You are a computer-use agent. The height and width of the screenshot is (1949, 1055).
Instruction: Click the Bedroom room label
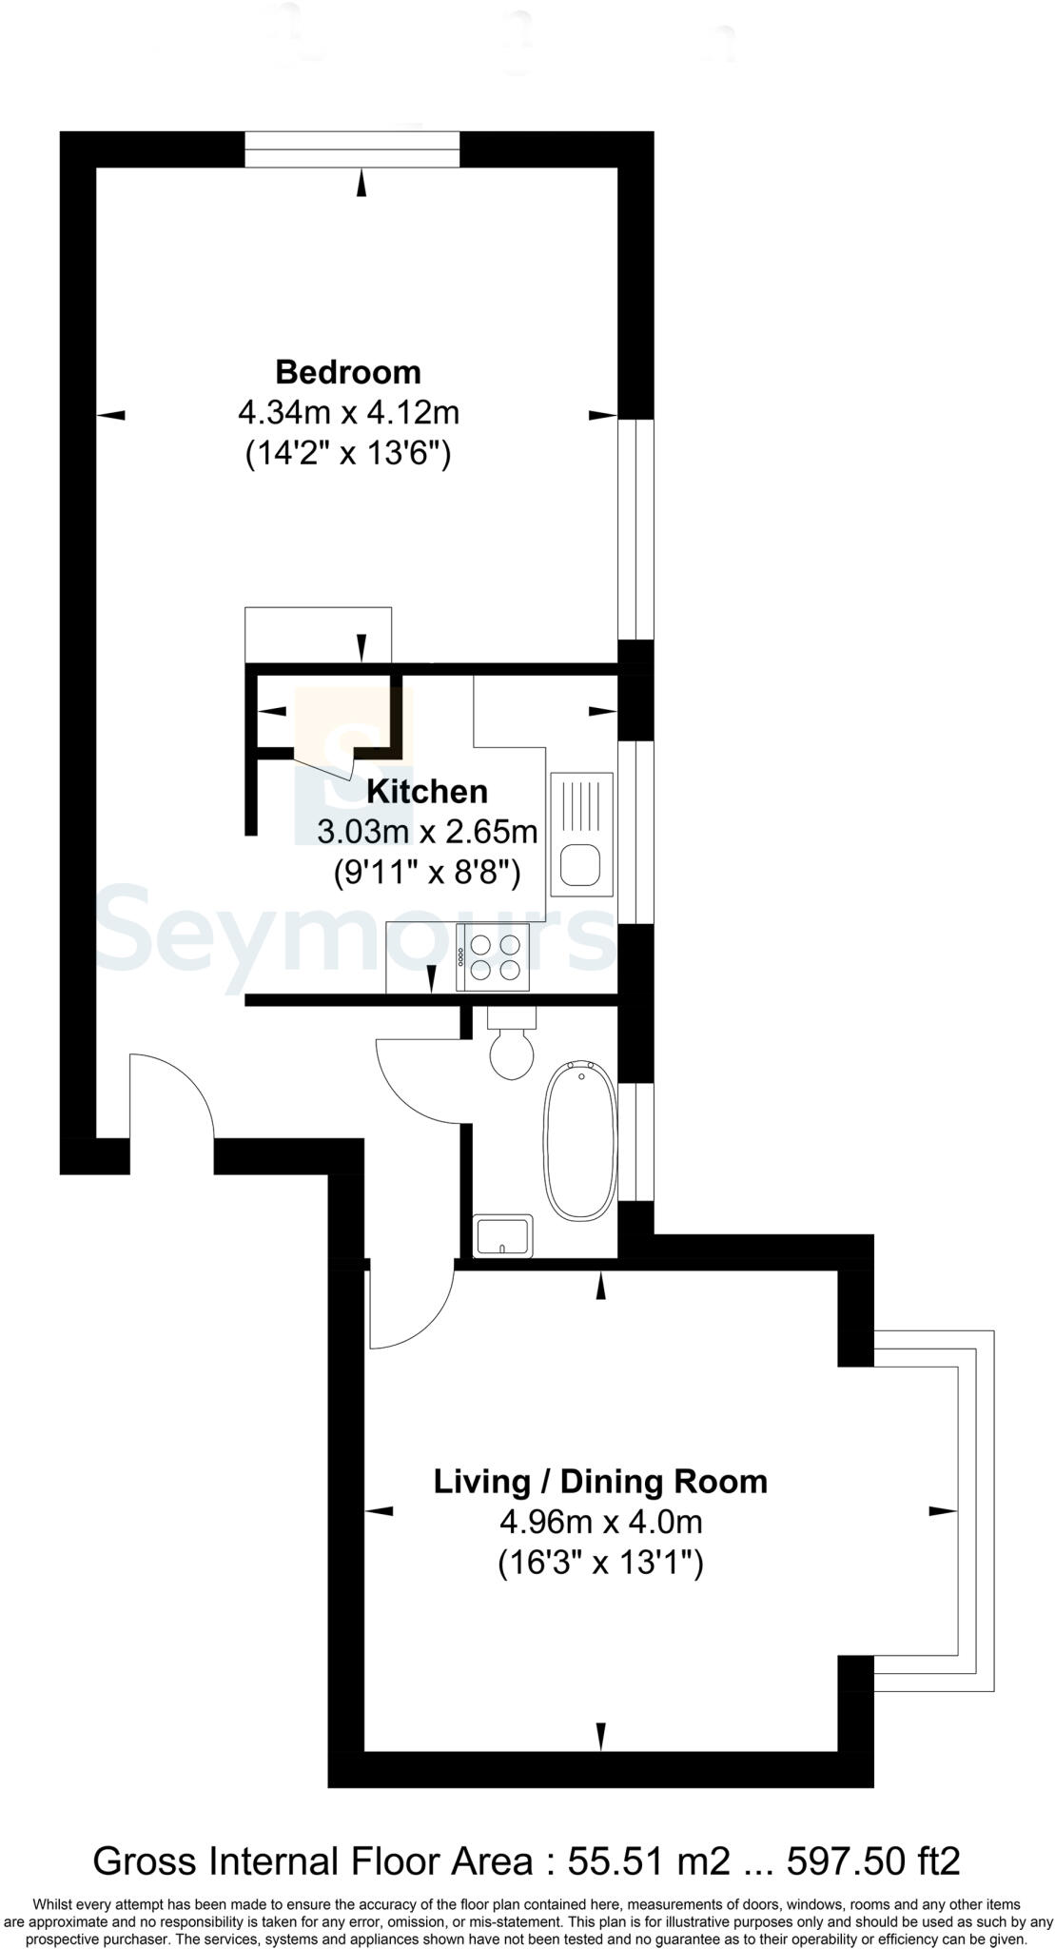(x=348, y=371)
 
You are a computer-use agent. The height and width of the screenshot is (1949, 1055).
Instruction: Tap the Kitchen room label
(x=427, y=791)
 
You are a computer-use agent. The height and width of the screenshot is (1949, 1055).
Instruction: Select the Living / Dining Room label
(x=600, y=1481)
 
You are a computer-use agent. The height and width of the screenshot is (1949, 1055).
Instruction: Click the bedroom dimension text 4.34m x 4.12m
(x=348, y=413)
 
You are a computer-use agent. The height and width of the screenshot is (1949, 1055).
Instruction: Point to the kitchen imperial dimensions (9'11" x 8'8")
(x=427, y=872)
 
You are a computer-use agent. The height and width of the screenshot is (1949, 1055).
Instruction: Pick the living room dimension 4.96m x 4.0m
(x=600, y=1522)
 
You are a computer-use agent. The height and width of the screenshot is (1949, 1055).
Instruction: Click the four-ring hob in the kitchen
(x=493, y=957)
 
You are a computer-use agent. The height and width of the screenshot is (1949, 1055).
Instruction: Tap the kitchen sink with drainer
(x=580, y=835)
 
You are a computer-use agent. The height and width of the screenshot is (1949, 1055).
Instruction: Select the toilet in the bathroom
(x=512, y=1047)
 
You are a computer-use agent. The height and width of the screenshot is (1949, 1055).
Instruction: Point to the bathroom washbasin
(x=503, y=1236)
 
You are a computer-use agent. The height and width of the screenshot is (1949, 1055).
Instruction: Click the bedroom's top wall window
(x=352, y=150)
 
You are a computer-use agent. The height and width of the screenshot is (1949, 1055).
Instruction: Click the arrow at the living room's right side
(x=941, y=1510)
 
